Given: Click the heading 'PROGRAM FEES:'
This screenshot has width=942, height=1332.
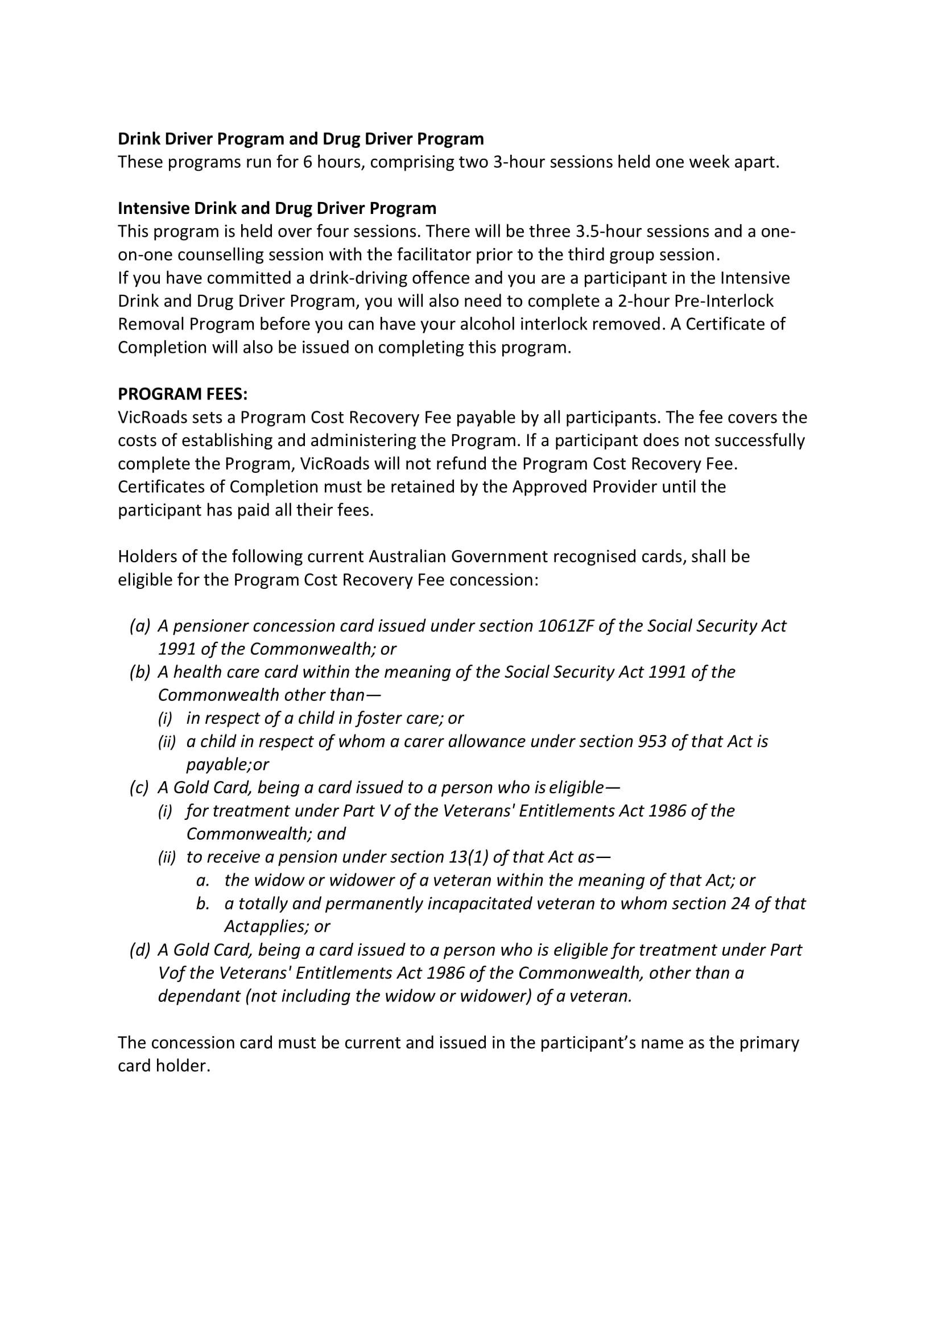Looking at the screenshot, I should click(x=183, y=394).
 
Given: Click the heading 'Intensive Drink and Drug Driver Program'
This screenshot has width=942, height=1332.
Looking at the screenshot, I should click(x=276, y=208).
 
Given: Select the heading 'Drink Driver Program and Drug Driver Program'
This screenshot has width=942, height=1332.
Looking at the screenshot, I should click(x=300, y=139).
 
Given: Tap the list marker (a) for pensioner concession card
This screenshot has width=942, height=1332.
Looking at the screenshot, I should click(x=140, y=625).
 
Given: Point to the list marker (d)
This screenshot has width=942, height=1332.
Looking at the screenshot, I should click(x=140, y=950).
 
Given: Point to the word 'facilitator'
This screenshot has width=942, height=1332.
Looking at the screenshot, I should click(x=434, y=255).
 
